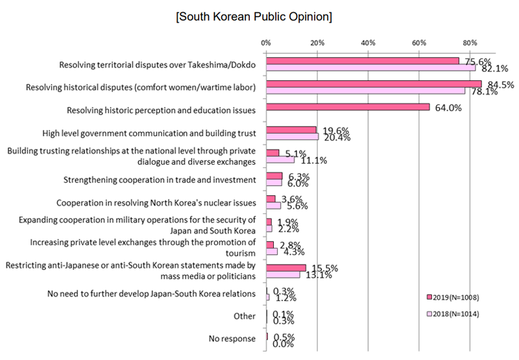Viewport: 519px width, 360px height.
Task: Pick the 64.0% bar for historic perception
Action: (x=348, y=107)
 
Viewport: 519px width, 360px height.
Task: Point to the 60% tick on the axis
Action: (x=418, y=43)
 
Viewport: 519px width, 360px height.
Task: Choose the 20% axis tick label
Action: (x=317, y=43)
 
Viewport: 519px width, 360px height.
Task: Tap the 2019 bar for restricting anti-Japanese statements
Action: (x=286, y=267)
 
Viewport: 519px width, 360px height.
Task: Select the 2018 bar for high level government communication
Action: (x=293, y=137)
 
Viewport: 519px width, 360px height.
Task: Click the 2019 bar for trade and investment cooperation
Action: (x=274, y=176)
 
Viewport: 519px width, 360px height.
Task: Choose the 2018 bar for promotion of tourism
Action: (x=272, y=251)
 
